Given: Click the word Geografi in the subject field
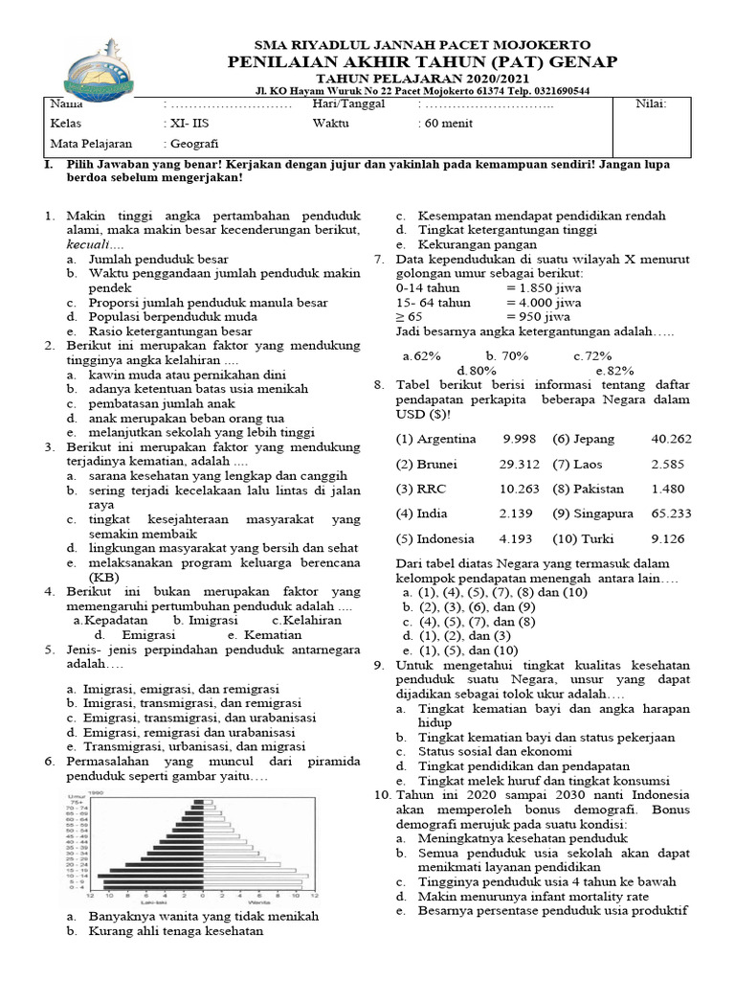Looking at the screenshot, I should click(x=192, y=145).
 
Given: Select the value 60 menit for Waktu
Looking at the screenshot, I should click(x=445, y=124).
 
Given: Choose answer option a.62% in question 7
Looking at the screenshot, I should click(x=421, y=355).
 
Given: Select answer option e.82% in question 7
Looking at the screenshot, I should click(x=614, y=370).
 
